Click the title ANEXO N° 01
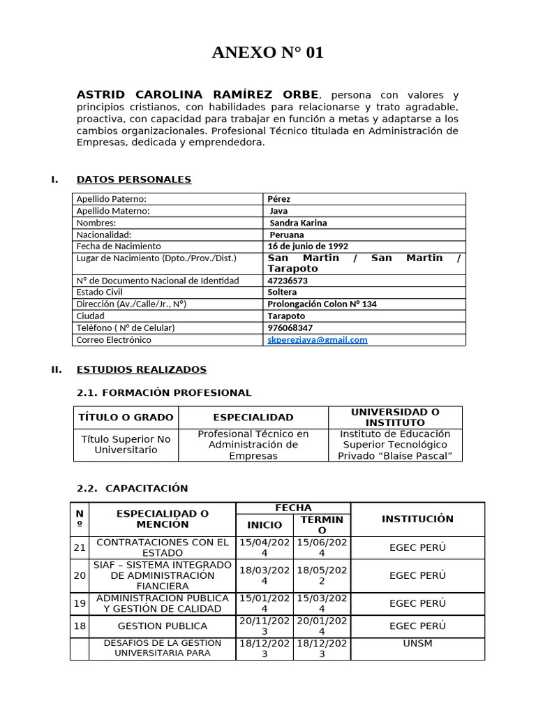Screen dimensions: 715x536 (x=268, y=53)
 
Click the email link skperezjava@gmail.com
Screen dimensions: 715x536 (x=318, y=340)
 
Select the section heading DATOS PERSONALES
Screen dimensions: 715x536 (x=133, y=179)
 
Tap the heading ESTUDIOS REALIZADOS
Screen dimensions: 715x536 (x=141, y=369)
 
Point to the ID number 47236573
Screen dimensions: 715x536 (x=288, y=281)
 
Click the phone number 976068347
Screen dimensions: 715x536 (x=290, y=328)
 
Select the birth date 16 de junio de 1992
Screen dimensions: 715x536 (x=308, y=246)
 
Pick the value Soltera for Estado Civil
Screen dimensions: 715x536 (x=282, y=293)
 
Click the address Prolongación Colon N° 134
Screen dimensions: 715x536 (x=322, y=304)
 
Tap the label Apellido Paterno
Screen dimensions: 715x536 (x=112, y=199)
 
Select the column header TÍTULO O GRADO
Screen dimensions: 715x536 (x=126, y=418)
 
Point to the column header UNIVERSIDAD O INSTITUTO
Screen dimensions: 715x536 (x=395, y=418)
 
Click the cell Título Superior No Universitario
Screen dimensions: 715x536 (x=126, y=445)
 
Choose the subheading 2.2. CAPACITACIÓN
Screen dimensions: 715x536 (x=132, y=488)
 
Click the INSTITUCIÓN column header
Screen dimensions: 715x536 (x=417, y=519)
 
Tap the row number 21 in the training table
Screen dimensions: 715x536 (x=80, y=548)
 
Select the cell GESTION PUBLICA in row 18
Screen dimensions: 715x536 (x=162, y=626)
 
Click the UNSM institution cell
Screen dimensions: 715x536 (x=417, y=643)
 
